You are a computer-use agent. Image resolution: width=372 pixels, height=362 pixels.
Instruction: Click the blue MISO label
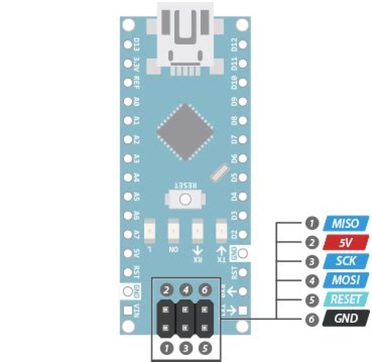tap(345, 224)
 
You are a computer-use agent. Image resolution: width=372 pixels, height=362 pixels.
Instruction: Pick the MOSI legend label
tap(345, 280)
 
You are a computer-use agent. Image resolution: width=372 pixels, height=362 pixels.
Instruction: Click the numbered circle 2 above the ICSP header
tap(166, 291)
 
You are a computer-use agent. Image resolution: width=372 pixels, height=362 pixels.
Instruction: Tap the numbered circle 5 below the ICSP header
tap(205, 348)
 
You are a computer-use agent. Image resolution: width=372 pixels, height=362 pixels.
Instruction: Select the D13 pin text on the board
tap(137, 44)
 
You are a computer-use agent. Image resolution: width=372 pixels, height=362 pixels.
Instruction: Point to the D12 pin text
tap(234, 44)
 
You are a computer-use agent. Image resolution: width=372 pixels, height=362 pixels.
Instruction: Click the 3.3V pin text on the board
tap(137, 64)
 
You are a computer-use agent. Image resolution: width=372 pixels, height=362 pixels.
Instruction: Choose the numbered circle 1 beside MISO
tap(311, 224)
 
